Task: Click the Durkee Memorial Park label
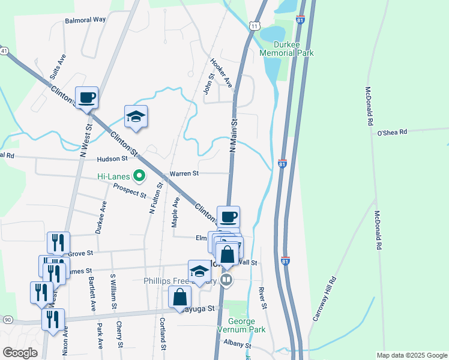tap(286, 49)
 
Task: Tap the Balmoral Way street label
tap(85, 20)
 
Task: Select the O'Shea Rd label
tap(392, 132)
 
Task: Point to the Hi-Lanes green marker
tap(140, 176)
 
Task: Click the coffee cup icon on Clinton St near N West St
tap(86, 98)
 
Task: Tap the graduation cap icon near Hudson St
tap(136, 117)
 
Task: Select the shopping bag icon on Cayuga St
tap(180, 297)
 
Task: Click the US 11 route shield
tap(255, 26)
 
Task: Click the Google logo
tap(20, 352)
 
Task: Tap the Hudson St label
tap(113, 159)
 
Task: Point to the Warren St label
tap(184, 174)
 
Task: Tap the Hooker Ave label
tap(221, 72)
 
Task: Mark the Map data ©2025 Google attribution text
tap(412, 355)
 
